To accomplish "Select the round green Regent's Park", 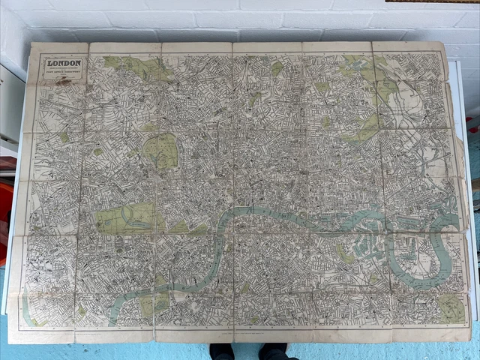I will coord(161,150).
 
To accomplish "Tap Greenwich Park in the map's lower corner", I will coord(450,307).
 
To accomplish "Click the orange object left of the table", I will coord(5,210).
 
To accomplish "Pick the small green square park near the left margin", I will coord(64,137).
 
